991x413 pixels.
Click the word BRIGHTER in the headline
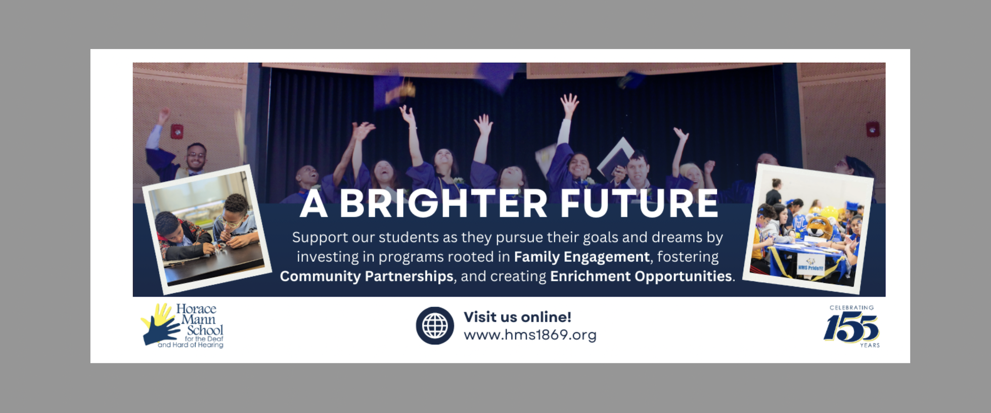click(x=443, y=203)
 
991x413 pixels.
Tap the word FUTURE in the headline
click(x=639, y=203)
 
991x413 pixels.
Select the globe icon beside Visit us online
click(x=435, y=325)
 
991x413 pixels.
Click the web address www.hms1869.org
click(x=530, y=335)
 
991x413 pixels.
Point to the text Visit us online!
click(x=517, y=317)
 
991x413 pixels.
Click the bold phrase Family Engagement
click(x=581, y=257)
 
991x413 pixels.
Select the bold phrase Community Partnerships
click(x=367, y=276)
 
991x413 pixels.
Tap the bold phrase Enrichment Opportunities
click(x=641, y=276)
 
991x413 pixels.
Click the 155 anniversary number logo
click(x=851, y=328)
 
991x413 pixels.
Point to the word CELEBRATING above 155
click(x=851, y=307)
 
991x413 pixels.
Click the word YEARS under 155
click(x=870, y=345)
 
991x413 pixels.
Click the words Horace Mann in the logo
click(x=197, y=314)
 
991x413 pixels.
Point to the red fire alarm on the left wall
click(x=176, y=131)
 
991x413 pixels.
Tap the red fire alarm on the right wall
click(x=872, y=129)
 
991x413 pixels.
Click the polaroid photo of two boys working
click(x=207, y=229)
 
